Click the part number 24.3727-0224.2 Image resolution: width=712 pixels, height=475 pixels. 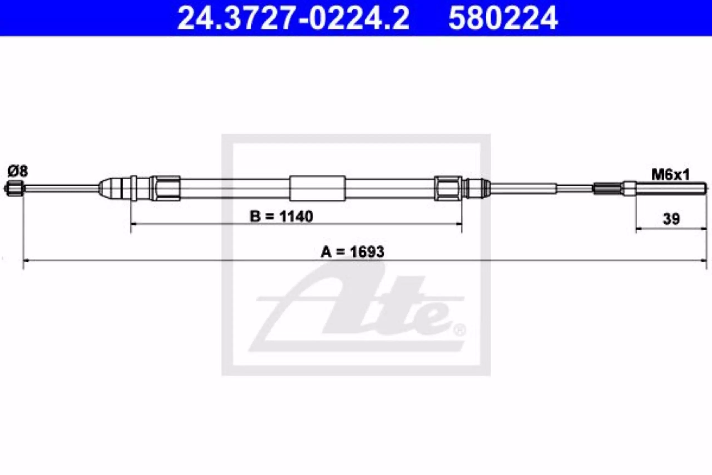click(x=293, y=18)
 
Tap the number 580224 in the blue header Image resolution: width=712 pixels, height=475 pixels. click(x=503, y=18)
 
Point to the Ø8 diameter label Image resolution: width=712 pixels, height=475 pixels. click(x=18, y=171)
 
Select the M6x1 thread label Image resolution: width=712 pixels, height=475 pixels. click(x=671, y=175)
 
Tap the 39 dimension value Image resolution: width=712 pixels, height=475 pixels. click(x=671, y=219)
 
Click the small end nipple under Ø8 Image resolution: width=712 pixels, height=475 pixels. click(x=14, y=188)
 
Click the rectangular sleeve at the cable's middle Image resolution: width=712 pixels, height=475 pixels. click(x=317, y=188)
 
